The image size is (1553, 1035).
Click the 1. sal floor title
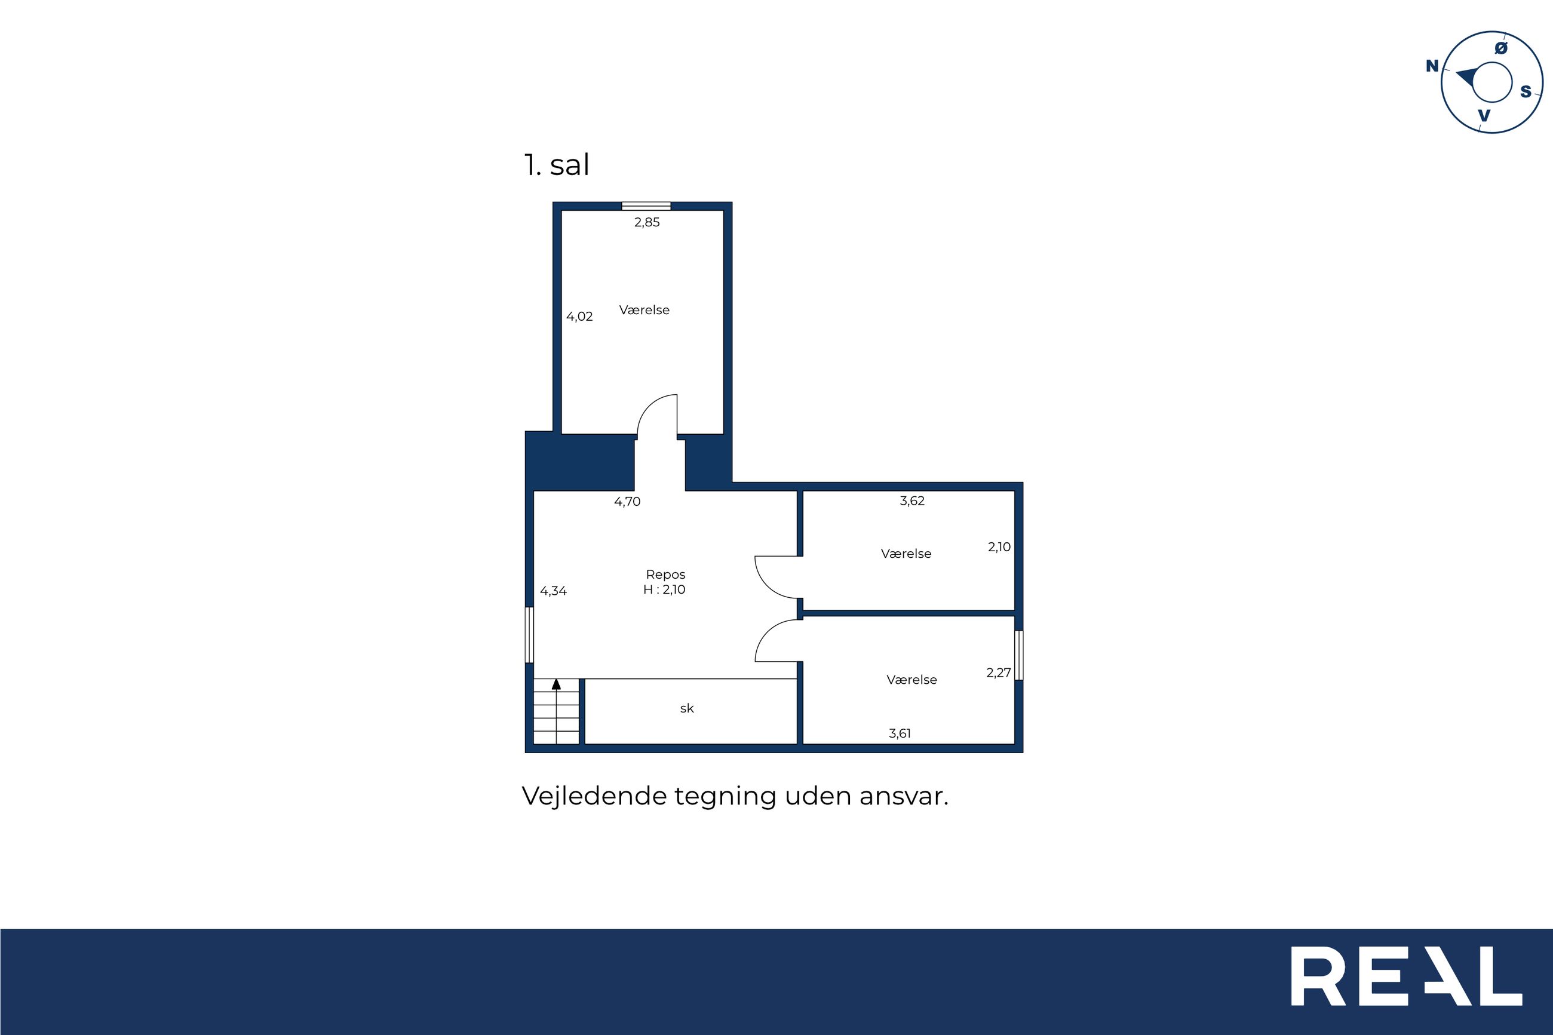pyautogui.click(x=556, y=164)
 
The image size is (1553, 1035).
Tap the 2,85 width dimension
pyautogui.click(x=647, y=222)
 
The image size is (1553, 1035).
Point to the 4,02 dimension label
pyautogui.click(x=579, y=317)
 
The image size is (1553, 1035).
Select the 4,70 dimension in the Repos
pyautogui.click(x=627, y=502)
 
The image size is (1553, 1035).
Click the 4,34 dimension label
pyautogui.click(x=553, y=591)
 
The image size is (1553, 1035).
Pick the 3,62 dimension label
pyautogui.click(x=912, y=501)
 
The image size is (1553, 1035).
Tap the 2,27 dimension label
pyautogui.click(x=999, y=672)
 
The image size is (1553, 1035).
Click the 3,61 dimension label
pyautogui.click(x=900, y=733)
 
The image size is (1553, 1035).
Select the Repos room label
pyautogui.click(x=665, y=575)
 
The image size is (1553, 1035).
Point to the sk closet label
pyautogui.click(x=687, y=708)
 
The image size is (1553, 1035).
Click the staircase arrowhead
pyautogui.click(x=556, y=684)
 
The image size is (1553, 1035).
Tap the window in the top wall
pyautogui.click(x=646, y=206)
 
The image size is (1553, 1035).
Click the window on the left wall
pyautogui.click(x=529, y=635)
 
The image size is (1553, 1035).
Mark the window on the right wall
pyautogui.click(x=1019, y=655)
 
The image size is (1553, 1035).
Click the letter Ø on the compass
pyautogui.click(x=1501, y=48)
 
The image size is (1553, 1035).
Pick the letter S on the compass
pyautogui.click(x=1526, y=92)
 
